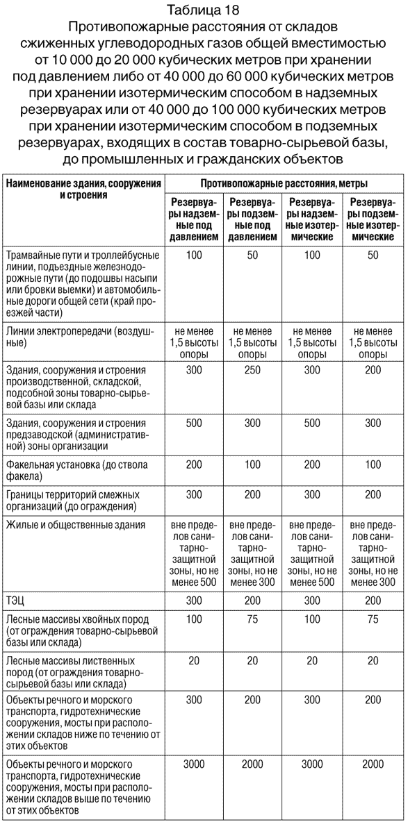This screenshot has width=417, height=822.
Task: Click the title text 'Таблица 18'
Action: point(208,10)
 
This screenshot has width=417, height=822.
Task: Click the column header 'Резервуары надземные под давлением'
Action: point(194,218)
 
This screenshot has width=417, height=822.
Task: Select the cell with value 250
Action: point(252,370)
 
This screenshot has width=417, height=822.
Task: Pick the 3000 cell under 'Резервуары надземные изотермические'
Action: point(313,764)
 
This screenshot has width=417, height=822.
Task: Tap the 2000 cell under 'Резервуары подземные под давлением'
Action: point(252,764)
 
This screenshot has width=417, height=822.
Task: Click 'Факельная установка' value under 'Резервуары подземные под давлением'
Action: point(252,464)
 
